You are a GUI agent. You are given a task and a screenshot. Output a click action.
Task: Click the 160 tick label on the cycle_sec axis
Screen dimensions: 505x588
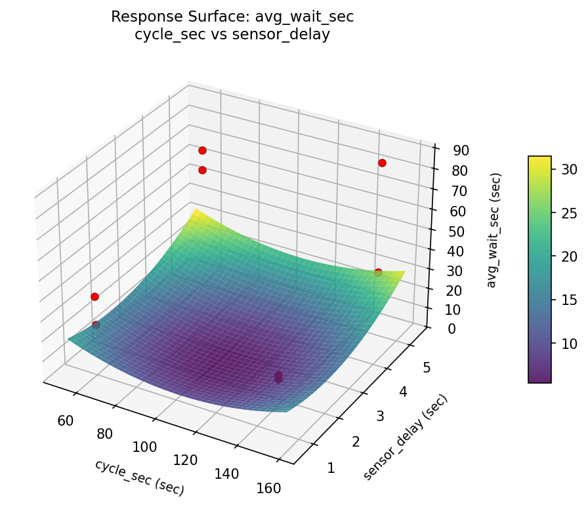click(269, 488)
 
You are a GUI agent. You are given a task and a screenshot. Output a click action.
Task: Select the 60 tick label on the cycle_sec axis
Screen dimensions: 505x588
click(65, 420)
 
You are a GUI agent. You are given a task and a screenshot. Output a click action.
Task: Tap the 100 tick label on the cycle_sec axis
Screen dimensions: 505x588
click(144, 447)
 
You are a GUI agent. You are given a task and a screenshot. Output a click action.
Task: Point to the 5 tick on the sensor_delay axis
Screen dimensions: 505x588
click(426, 368)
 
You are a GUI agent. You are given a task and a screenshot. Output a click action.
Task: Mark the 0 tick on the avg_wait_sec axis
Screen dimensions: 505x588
click(451, 329)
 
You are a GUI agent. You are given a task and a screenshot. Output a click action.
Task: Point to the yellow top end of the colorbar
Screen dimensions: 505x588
click(539, 160)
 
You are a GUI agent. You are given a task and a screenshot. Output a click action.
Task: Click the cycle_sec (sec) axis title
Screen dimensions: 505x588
click(139, 477)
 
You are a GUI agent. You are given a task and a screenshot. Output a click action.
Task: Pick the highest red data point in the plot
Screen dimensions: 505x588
click(202, 151)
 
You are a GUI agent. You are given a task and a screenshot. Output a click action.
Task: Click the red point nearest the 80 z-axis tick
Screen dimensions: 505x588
click(382, 163)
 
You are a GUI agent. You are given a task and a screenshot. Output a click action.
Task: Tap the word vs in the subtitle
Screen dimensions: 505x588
click(213, 35)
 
